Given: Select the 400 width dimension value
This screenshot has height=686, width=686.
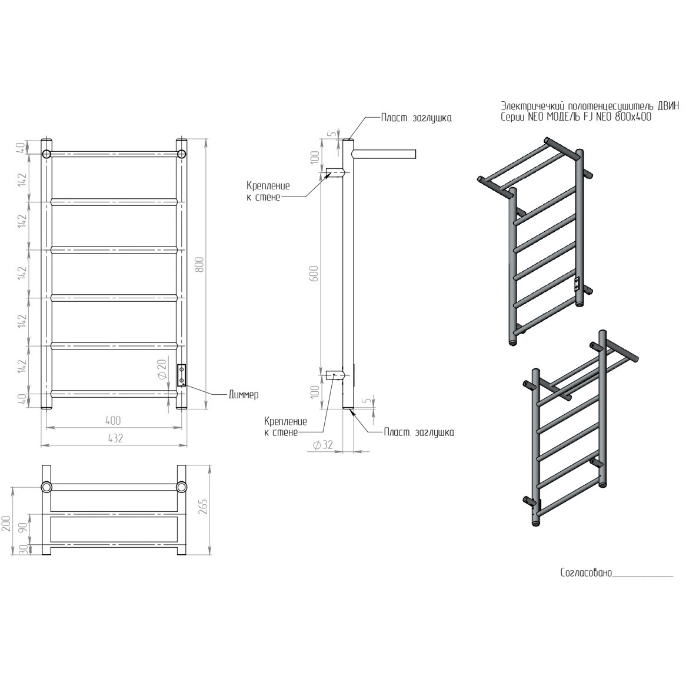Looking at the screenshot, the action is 113,421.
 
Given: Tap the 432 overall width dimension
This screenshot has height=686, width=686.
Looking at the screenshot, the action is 115,438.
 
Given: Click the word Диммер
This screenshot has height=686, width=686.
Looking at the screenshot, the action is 244,395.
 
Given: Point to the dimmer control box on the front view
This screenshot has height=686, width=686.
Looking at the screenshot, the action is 182,376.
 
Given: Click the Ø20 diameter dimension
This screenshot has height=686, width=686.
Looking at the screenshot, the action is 161,369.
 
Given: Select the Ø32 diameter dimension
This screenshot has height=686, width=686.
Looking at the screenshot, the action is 323,445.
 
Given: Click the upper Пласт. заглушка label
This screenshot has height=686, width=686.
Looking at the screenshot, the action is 416,118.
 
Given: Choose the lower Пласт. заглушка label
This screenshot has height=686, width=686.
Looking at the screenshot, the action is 419,432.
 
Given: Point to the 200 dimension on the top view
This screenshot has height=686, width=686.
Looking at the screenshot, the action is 6,523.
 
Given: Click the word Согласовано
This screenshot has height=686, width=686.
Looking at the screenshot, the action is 586,572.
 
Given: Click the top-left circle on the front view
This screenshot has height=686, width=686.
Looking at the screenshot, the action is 46,154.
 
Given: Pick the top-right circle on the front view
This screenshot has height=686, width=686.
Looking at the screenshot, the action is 182,154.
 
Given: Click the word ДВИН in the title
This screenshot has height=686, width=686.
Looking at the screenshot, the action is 668,106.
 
